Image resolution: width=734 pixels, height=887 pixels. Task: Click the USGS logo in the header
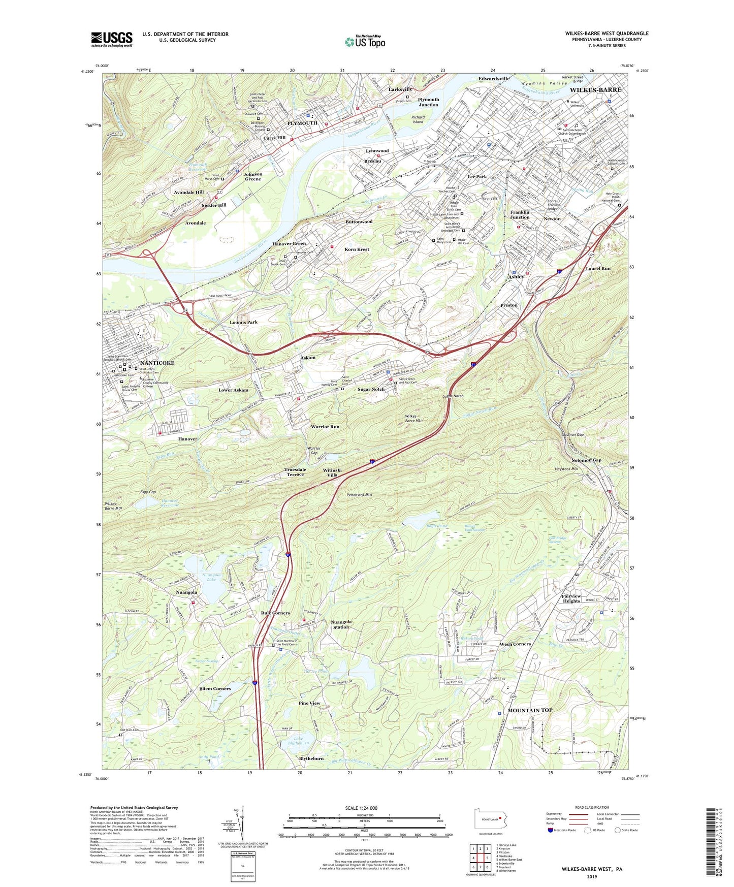point(112,39)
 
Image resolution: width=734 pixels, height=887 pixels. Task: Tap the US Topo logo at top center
point(365,42)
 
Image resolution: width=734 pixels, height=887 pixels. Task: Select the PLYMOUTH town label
point(302,123)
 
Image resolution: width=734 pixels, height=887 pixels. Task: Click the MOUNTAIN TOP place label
point(530,710)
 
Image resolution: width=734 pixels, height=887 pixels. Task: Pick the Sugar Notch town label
point(371,389)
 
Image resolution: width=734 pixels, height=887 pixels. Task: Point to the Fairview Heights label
point(571,598)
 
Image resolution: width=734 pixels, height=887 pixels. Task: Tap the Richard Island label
point(418,119)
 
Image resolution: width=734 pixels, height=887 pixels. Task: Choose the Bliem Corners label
point(215,688)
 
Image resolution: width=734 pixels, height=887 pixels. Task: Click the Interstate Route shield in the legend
point(550,830)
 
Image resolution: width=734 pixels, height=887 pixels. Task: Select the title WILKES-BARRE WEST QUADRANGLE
point(607,34)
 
